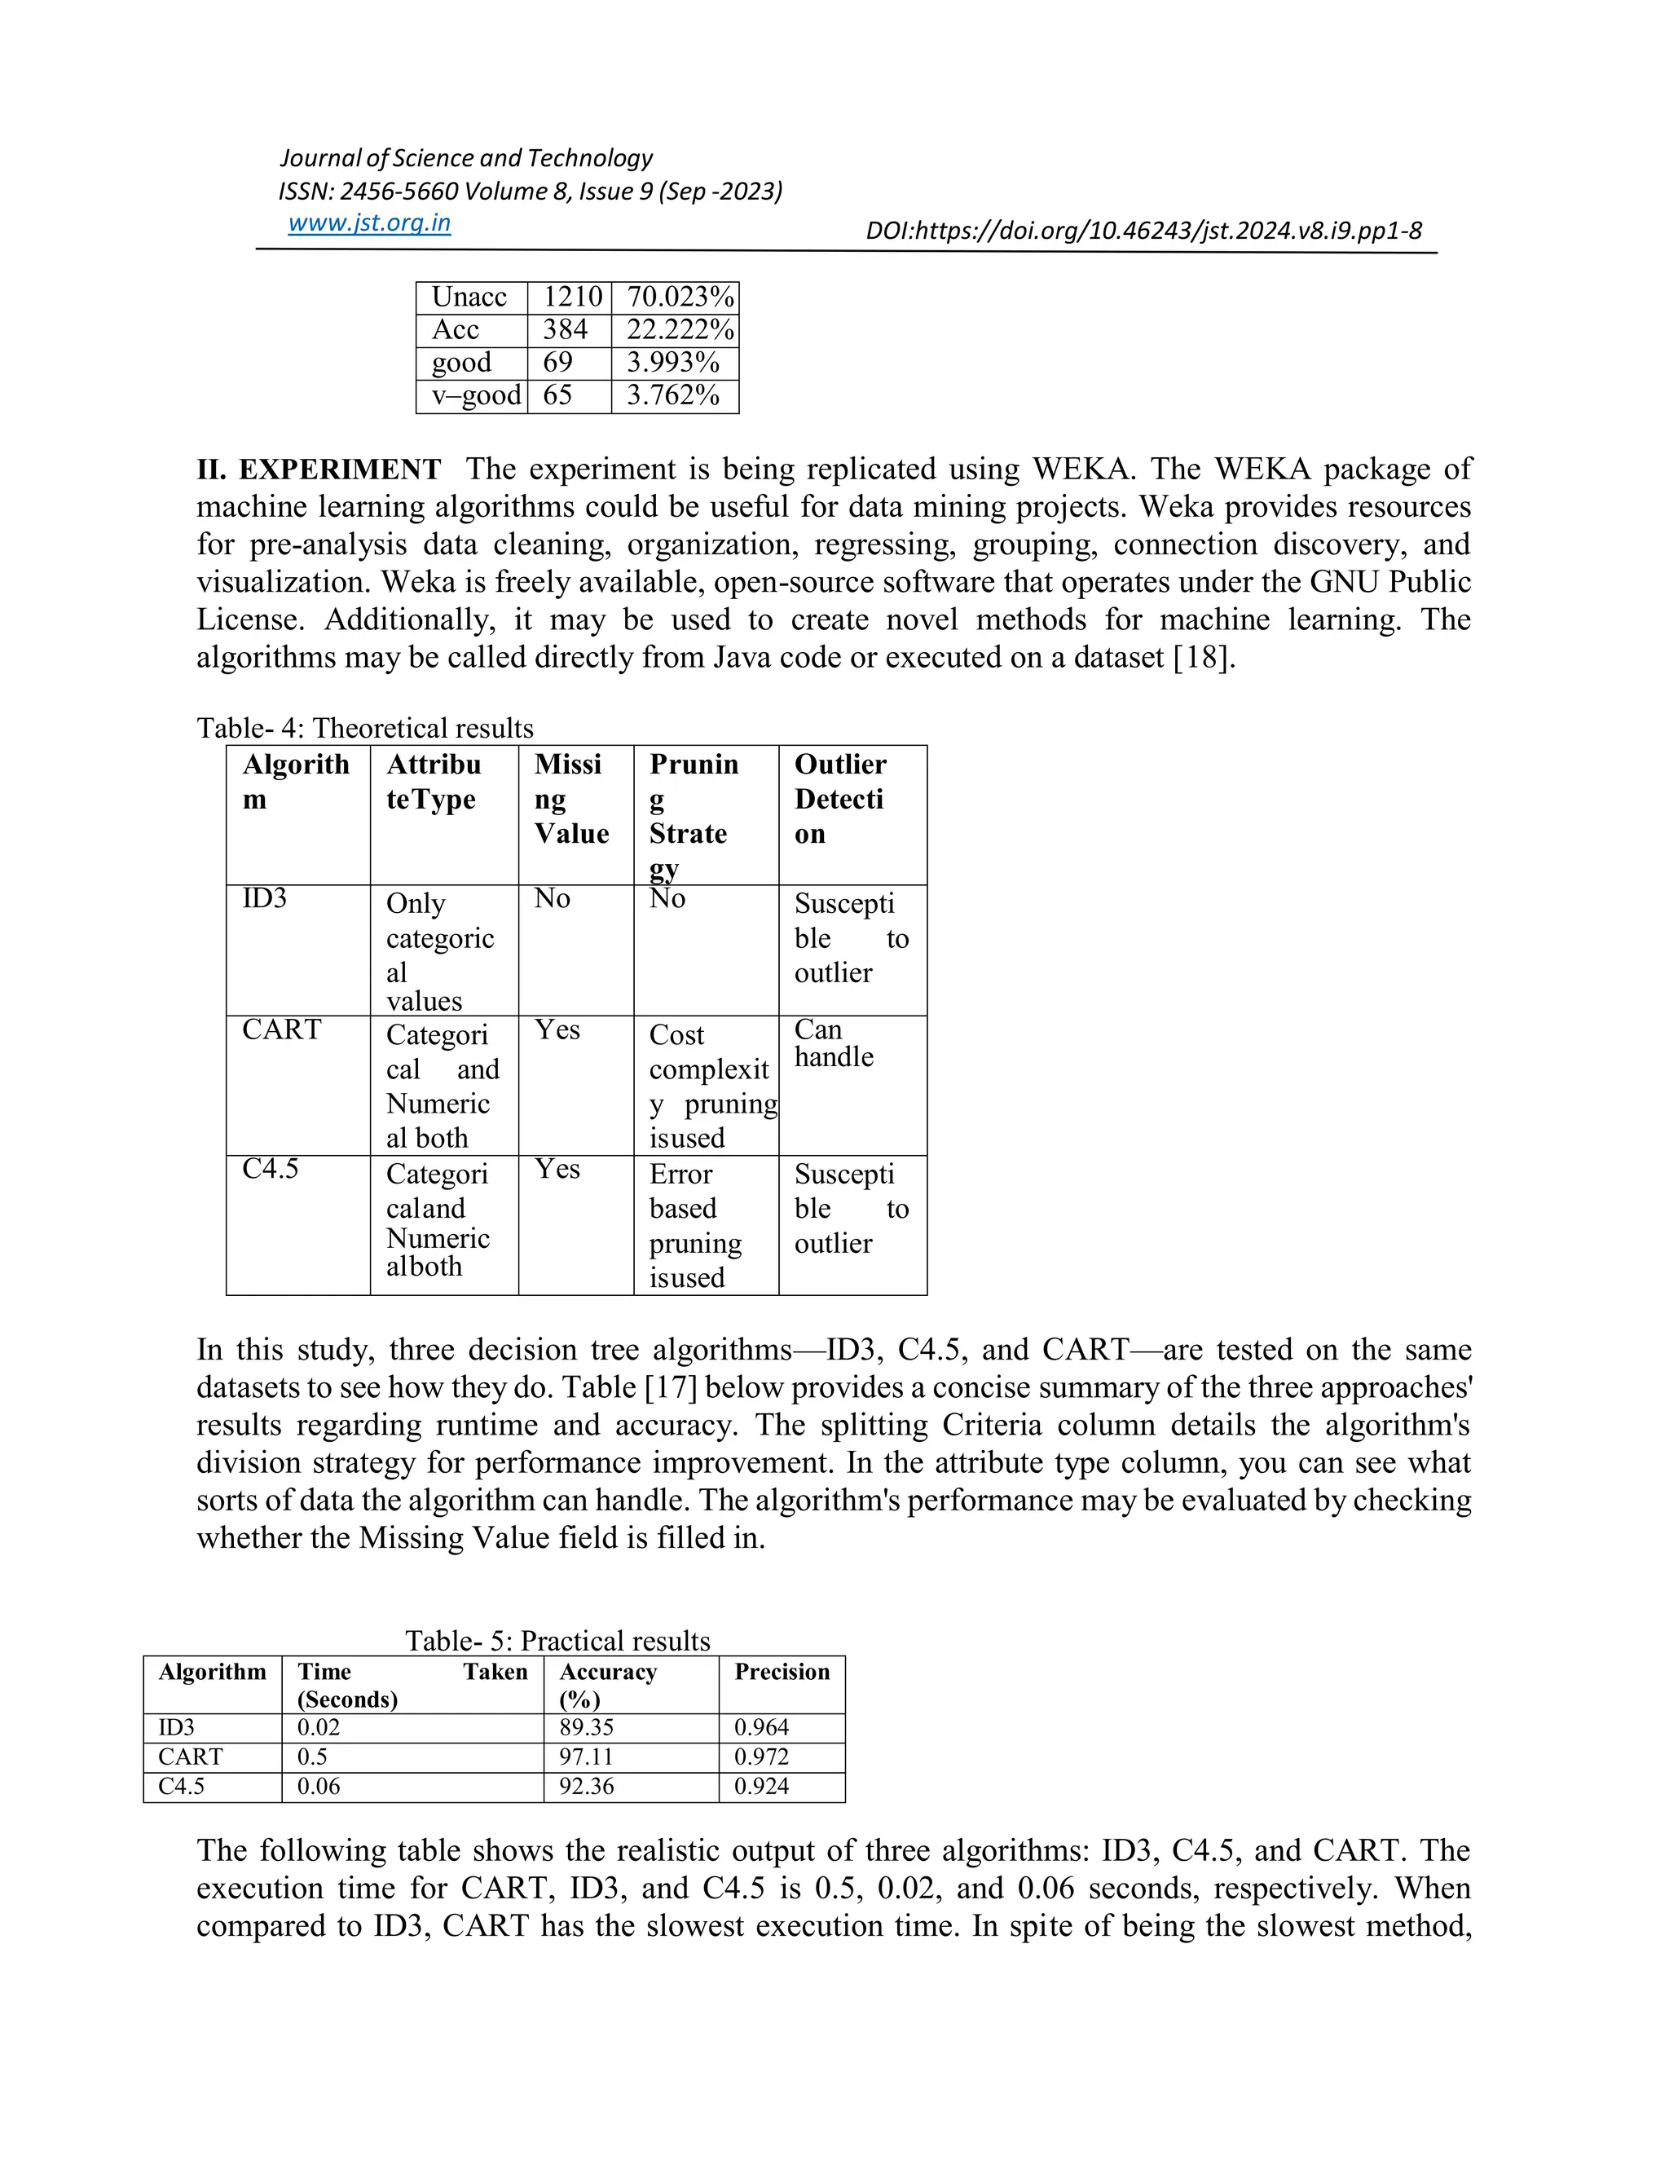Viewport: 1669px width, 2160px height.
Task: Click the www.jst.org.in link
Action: [x=369, y=223]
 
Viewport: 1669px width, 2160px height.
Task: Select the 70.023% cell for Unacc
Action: [x=680, y=297]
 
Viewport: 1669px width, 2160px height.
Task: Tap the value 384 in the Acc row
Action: [x=565, y=329]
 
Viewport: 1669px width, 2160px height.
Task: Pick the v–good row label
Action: [x=476, y=395]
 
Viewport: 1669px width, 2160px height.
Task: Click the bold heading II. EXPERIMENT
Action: [x=319, y=469]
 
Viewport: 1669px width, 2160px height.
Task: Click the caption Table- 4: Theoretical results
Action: [x=365, y=728]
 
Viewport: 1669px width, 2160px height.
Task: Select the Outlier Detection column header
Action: [x=840, y=799]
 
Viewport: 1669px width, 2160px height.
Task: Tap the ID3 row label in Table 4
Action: [x=265, y=898]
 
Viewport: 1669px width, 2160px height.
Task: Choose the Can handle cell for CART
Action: [x=834, y=1043]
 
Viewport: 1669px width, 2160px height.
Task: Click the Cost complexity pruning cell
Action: [x=711, y=1086]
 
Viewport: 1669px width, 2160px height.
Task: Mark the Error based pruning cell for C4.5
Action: [x=695, y=1225]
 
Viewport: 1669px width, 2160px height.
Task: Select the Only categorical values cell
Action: [x=440, y=951]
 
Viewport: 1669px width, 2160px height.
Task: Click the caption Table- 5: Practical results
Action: [x=557, y=1641]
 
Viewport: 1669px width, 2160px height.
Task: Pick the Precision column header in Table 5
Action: [x=781, y=1672]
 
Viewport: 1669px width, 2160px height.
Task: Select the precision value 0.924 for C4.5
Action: [x=761, y=1786]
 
